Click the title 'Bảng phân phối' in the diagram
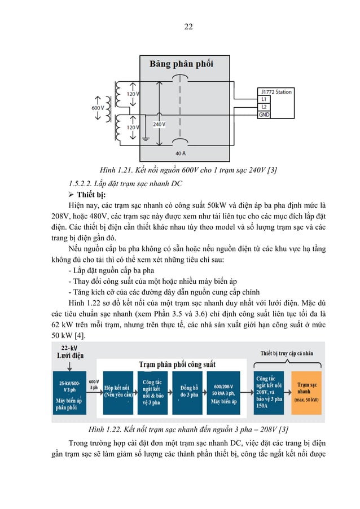(x=181, y=64)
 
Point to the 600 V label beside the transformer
(x=98, y=107)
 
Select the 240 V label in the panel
(x=159, y=124)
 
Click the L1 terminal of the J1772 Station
(x=264, y=99)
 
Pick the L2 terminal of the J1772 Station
(x=264, y=106)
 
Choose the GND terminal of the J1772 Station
(x=265, y=114)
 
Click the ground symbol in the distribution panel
(x=146, y=139)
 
